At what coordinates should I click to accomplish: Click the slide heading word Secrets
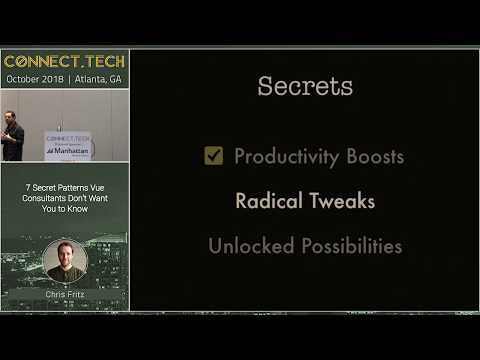(x=305, y=86)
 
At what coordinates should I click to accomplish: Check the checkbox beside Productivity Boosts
(x=213, y=156)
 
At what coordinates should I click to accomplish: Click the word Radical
(x=267, y=201)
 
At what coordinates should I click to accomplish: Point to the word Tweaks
(x=341, y=201)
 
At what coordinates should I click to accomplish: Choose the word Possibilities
(x=348, y=245)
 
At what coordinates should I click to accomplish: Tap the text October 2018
(x=34, y=78)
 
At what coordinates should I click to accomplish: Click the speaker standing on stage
(x=12, y=134)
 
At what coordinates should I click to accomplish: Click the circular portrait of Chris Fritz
(x=65, y=262)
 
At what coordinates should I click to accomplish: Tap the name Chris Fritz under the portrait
(x=65, y=296)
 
